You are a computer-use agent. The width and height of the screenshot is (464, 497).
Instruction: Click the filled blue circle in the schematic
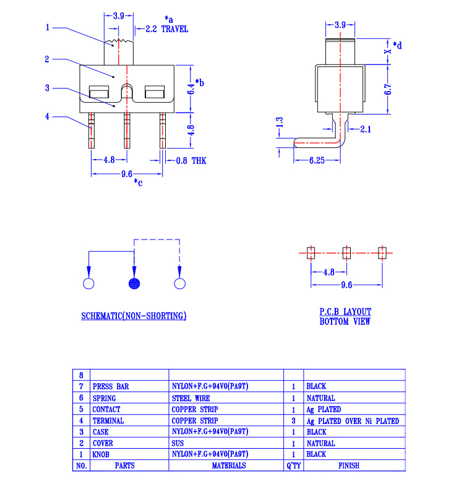[x=134, y=284]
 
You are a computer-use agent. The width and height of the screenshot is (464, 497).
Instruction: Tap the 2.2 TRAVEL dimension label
[x=166, y=29]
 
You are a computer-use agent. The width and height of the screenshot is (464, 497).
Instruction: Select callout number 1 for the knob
[x=48, y=27]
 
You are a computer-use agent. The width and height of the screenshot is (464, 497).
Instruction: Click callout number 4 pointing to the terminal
[x=48, y=115]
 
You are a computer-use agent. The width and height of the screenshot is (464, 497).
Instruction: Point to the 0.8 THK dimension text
[x=191, y=161]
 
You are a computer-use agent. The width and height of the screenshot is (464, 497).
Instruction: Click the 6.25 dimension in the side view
[x=317, y=161]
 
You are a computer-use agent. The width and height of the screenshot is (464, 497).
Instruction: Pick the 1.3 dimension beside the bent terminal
[x=280, y=123]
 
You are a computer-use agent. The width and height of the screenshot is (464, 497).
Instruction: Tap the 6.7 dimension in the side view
[x=389, y=89]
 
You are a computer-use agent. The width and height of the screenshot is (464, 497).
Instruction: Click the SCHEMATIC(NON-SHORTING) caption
[x=134, y=316]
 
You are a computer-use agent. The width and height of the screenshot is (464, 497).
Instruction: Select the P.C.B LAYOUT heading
[x=345, y=312]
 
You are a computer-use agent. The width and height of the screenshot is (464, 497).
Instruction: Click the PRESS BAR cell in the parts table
[x=111, y=387]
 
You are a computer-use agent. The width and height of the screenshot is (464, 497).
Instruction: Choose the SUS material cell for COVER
[x=178, y=443]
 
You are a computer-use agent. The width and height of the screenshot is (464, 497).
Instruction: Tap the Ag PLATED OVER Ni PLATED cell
[x=353, y=421]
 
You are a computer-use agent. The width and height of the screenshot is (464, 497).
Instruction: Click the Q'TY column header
[x=293, y=465]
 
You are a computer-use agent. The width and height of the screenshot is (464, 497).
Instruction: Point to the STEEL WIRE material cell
[x=190, y=399]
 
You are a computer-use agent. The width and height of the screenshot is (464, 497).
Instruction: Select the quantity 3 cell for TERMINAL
[x=293, y=421]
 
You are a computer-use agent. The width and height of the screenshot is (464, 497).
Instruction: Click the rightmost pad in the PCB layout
[x=382, y=253]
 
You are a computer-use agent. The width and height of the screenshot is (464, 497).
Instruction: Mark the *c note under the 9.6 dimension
[x=138, y=182]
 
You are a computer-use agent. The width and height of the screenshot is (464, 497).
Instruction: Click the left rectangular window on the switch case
[x=99, y=93]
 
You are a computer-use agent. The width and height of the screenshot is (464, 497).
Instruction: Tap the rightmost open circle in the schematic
[x=179, y=284]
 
